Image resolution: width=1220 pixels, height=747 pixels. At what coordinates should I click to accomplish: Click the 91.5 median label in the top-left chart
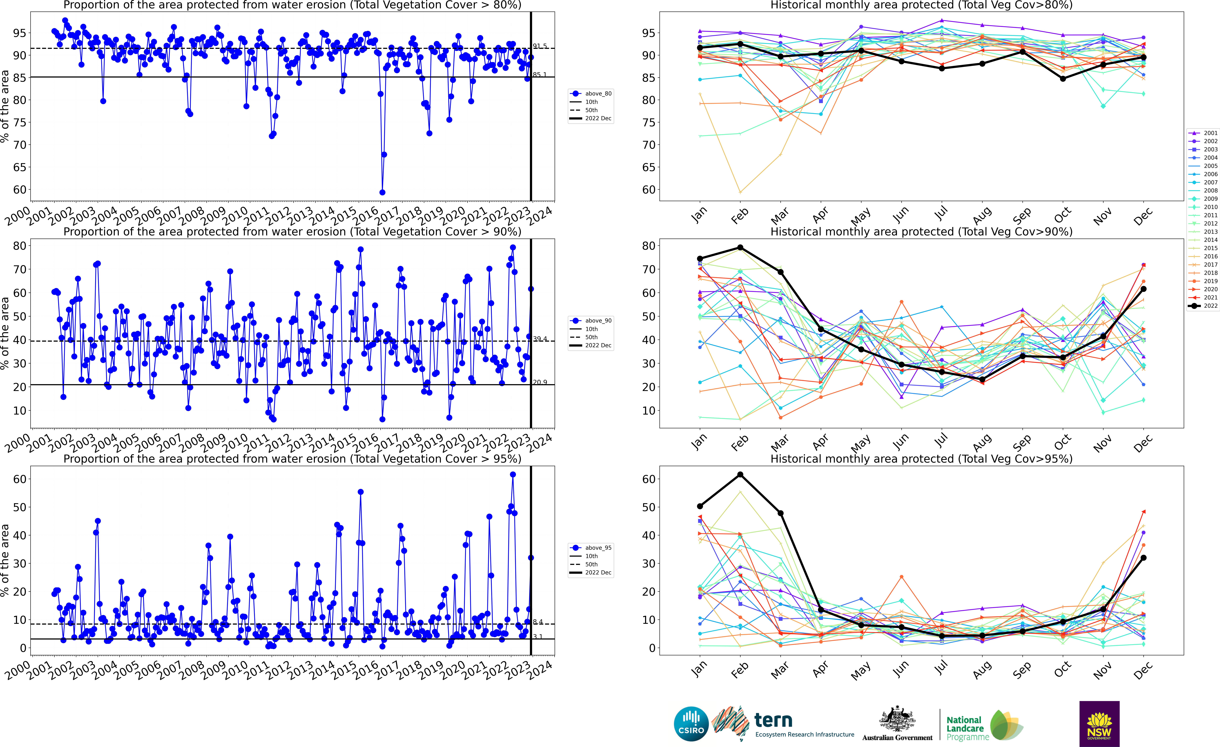pos(540,46)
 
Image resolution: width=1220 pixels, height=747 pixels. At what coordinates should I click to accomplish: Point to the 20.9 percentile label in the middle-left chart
pos(540,382)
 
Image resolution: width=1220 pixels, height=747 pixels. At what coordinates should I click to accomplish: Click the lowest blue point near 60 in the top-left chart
pos(382,192)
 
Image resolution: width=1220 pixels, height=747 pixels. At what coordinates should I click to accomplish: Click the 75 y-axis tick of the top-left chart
pos(20,122)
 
